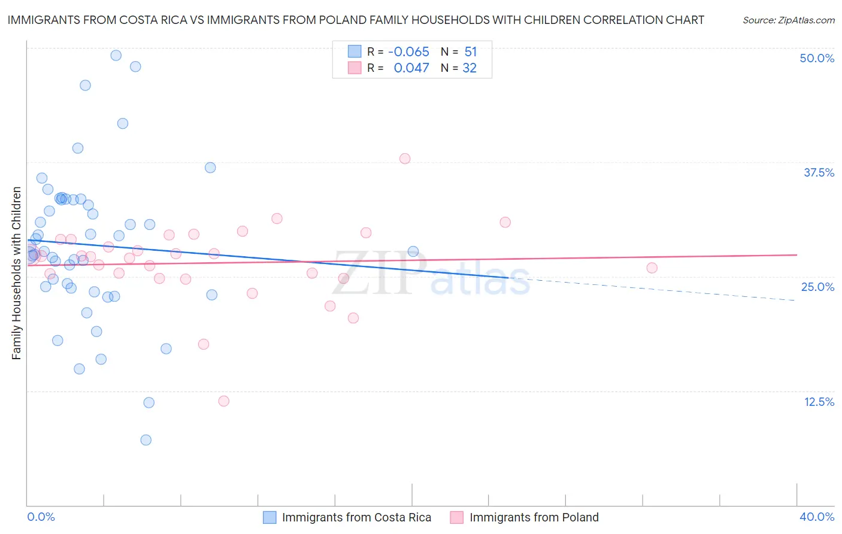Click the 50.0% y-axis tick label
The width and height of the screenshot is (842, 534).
(x=817, y=58)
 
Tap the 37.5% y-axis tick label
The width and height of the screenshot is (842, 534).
(x=819, y=172)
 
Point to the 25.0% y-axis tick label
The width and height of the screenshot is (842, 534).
(x=817, y=287)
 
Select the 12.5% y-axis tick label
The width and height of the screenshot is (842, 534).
(x=819, y=402)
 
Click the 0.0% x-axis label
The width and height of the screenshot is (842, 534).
(x=41, y=517)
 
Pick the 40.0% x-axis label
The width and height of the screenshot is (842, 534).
(x=817, y=517)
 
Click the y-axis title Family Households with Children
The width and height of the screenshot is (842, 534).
(x=16, y=273)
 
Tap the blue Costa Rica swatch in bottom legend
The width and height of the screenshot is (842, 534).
(x=270, y=517)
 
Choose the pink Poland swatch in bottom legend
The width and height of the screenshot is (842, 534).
(x=457, y=517)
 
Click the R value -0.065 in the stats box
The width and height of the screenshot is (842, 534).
(x=408, y=52)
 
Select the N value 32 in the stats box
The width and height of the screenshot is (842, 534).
(x=470, y=68)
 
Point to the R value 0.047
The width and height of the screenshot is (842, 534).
(x=411, y=68)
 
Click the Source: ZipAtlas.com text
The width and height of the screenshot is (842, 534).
(x=788, y=20)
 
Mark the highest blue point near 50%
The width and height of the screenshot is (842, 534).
(x=116, y=55)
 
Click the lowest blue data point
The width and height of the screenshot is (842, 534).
(x=146, y=440)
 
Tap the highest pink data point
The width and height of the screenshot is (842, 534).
(x=405, y=159)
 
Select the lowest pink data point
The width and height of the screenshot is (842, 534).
(x=224, y=401)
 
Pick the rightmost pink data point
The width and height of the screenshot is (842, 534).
(x=652, y=268)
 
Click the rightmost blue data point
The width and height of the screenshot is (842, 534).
(x=413, y=251)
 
